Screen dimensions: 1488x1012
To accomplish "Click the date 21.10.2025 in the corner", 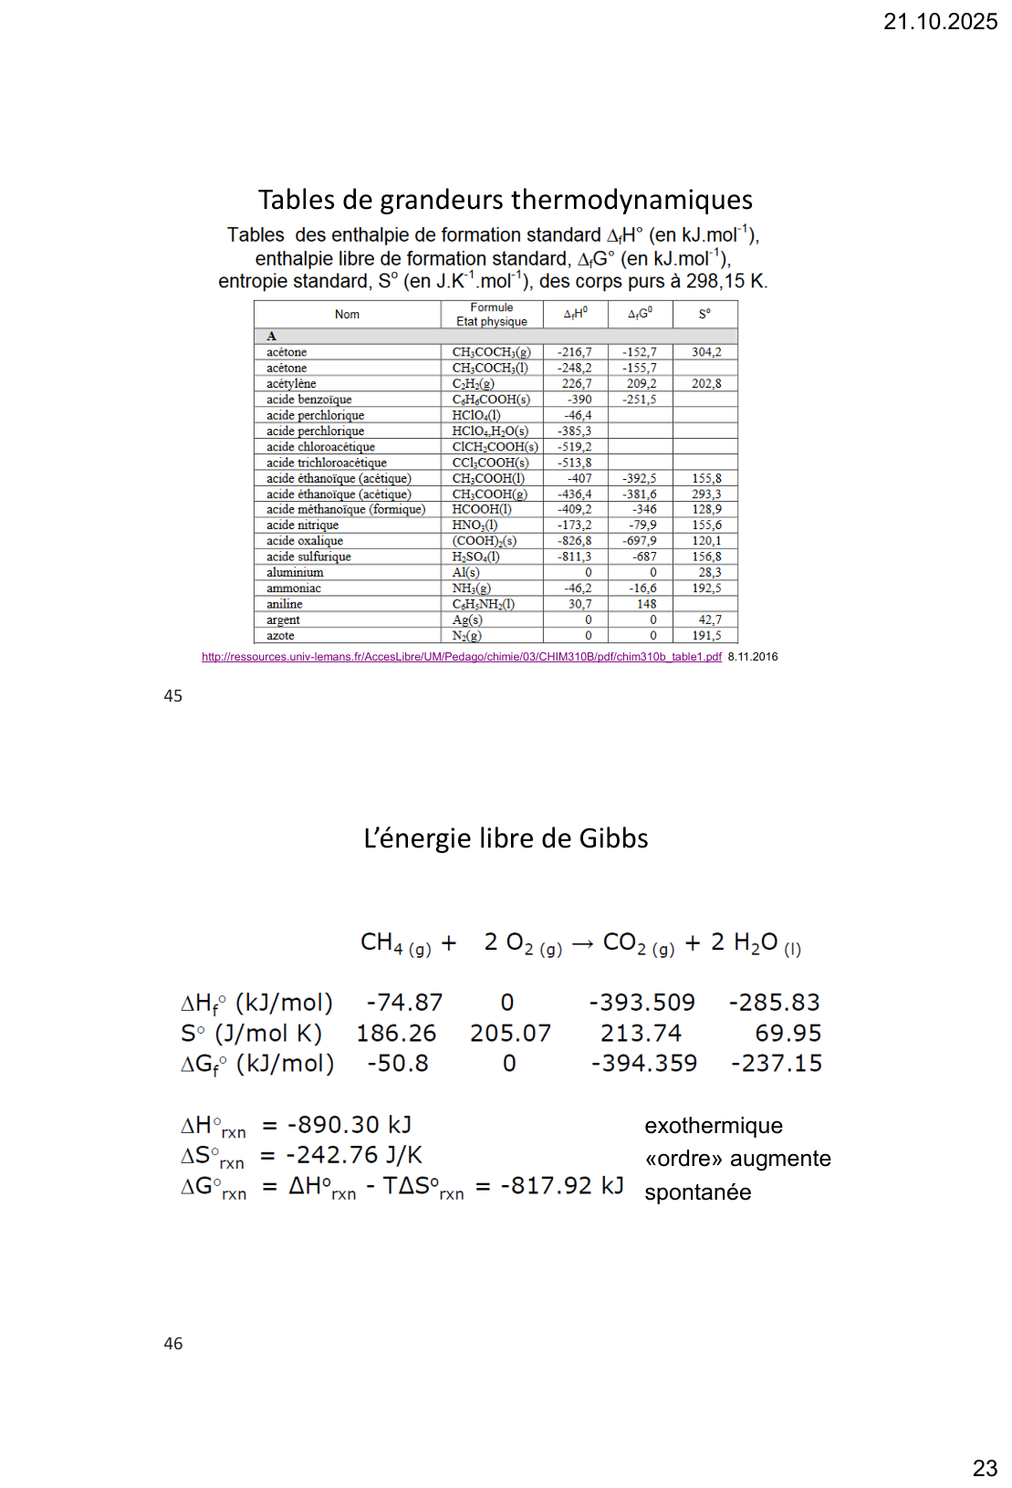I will click(x=940, y=22).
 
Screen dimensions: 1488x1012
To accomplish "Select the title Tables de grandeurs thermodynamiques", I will click(x=506, y=200).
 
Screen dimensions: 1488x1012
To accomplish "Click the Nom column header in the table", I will click(x=347, y=315).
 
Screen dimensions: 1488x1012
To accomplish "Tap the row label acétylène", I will click(x=291, y=384).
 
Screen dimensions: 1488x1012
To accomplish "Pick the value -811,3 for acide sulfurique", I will click(x=574, y=557).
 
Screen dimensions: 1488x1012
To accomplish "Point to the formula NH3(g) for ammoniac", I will click(x=471, y=588).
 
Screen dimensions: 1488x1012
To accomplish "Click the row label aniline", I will click(x=284, y=604).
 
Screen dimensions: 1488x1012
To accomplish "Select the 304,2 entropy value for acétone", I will click(x=705, y=352).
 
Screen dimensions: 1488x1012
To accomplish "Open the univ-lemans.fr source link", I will click(x=461, y=657).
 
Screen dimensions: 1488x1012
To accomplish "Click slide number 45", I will click(x=172, y=696).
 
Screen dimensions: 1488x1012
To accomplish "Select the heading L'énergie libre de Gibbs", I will click(x=506, y=838).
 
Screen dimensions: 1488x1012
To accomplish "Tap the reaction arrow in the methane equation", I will click(x=582, y=943).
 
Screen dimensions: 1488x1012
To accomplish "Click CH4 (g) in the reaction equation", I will click(x=395, y=943).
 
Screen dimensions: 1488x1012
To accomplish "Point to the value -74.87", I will click(x=404, y=1003).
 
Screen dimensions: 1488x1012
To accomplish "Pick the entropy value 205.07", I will click(x=510, y=1033).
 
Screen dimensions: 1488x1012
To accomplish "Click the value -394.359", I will click(x=643, y=1063).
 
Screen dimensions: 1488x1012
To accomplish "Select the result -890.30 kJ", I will click(x=349, y=1125).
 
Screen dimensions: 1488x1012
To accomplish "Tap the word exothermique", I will click(x=713, y=1126).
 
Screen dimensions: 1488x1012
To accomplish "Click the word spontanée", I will click(x=697, y=1192).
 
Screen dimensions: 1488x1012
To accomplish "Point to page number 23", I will click(x=985, y=1468).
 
